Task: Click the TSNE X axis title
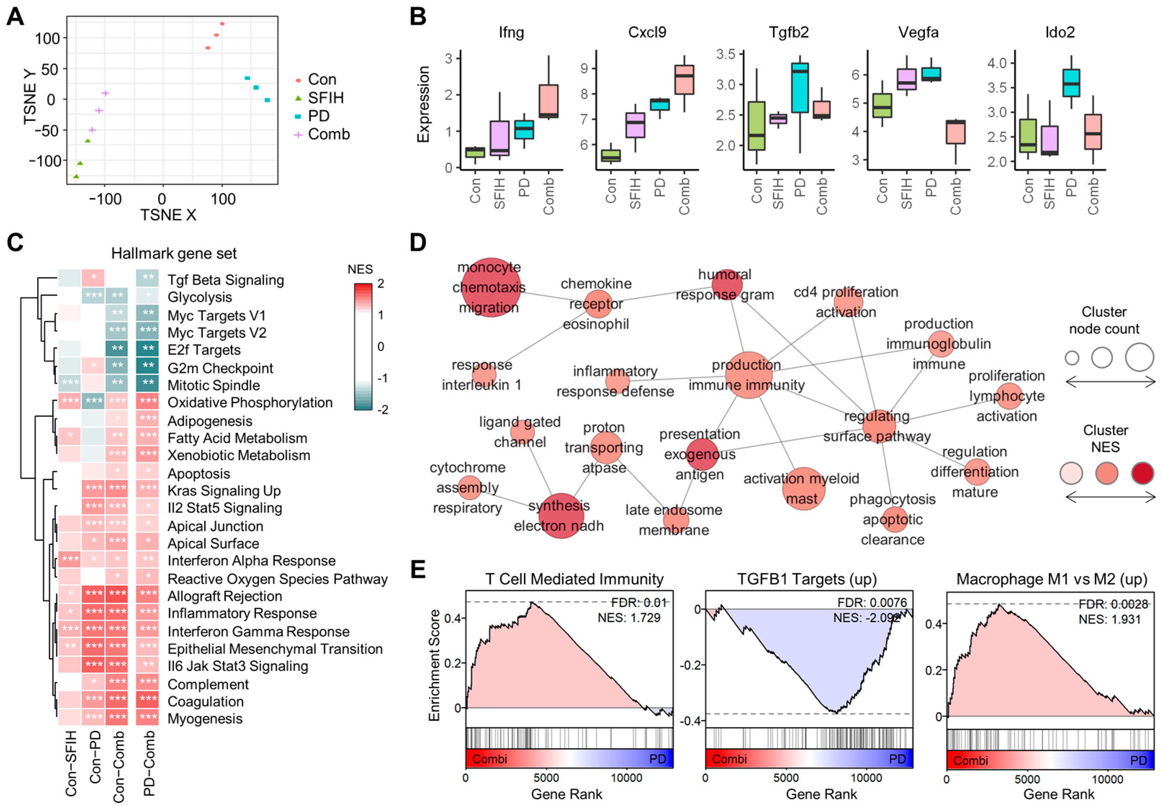[x=168, y=215]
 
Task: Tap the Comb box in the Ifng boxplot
[x=548, y=101]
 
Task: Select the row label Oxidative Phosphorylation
[x=250, y=403]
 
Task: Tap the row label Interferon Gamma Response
[x=258, y=631]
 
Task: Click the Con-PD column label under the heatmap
[x=95, y=757]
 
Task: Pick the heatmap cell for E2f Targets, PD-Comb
[x=148, y=349]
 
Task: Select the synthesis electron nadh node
[x=561, y=515]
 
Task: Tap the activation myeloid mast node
[x=803, y=489]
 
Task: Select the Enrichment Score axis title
[x=434, y=665]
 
